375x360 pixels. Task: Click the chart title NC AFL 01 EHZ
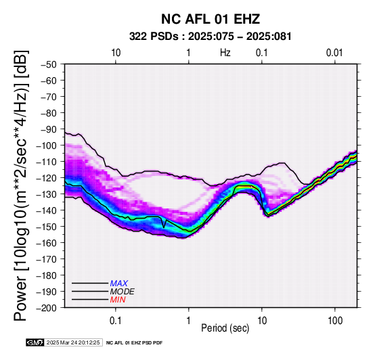coord(211,19)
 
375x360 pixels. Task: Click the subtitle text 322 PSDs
coord(154,37)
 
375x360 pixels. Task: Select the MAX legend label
coord(119,284)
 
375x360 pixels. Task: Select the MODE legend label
coord(123,292)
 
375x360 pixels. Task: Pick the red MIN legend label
coord(118,300)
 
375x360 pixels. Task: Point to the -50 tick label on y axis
coord(49,64)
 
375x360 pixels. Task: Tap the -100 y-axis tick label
coord(47,145)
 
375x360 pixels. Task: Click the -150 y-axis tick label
coord(47,227)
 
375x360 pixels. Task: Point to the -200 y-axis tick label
coord(47,308)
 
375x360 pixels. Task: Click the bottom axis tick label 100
coord(335,321)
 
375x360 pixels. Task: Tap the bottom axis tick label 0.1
coord(116,321)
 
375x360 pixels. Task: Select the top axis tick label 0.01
coord(334,53)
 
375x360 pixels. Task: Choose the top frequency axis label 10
coord(116,53)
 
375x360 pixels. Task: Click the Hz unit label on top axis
coord(225,53)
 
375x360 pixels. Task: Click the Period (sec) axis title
coord(225,328)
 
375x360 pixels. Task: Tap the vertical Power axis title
coord(21,185)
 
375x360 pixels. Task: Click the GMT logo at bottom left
coord(35,342)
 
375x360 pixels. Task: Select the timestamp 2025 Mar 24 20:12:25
coord(73,342)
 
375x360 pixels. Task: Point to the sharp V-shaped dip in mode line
coord(164,227)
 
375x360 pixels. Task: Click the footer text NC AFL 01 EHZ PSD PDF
coord(135,343)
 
